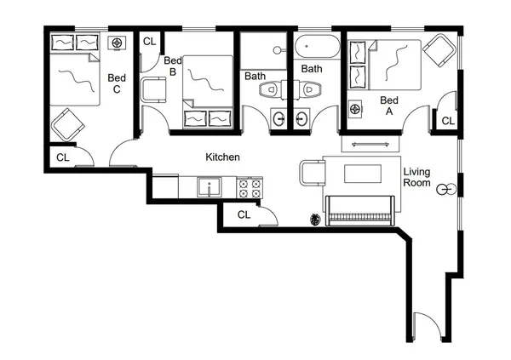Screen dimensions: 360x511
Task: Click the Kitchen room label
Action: click(x=222, y=157)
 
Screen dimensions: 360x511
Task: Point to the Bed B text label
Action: click(x=173, y=66)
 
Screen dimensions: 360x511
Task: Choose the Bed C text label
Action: click(x=117, y=84)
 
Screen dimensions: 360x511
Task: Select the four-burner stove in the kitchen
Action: click(x=250, y=187)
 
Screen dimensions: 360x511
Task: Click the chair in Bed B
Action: click(x=155, y=89)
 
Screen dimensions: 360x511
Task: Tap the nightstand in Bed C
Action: click(x=117, y=43)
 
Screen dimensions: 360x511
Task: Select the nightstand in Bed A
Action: click(x=355, y=108)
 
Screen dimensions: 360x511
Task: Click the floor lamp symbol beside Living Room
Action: click(x=443, y=189)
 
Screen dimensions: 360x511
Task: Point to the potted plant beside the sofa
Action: click(x=317, y=220)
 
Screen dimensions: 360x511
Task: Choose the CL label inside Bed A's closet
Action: click(x=447, y=122)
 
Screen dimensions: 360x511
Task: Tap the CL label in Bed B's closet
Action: click(x=149, y=41)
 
